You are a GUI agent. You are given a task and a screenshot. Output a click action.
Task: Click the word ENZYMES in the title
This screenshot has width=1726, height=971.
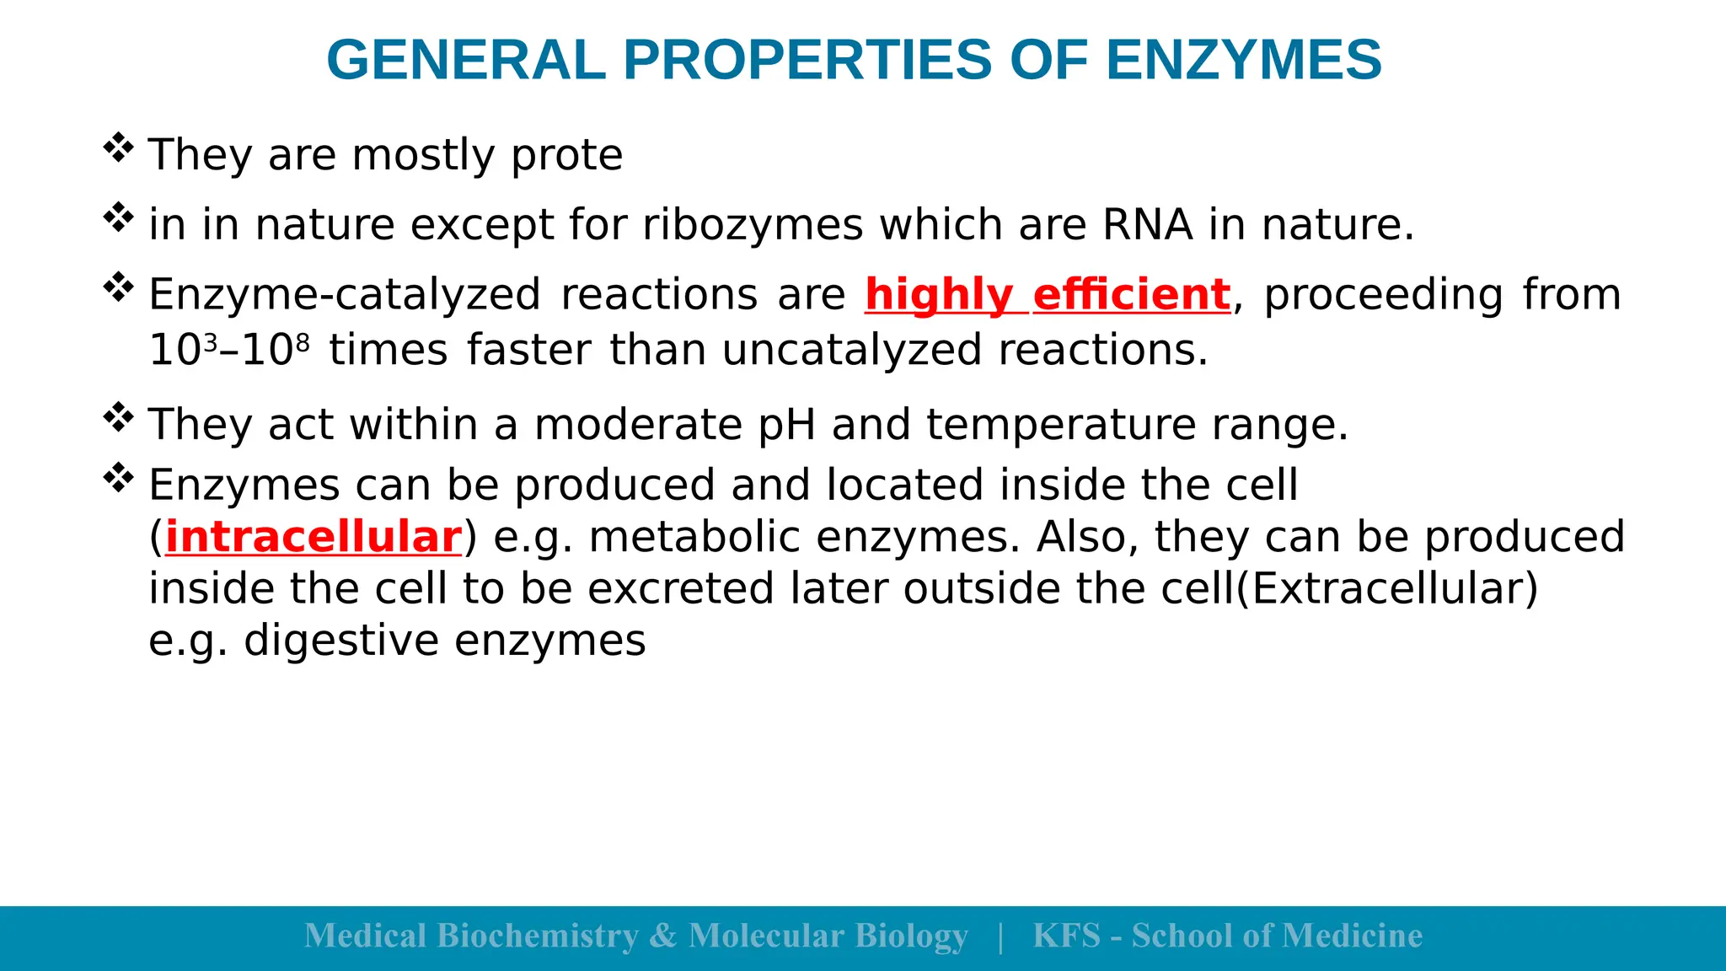[1243, 61]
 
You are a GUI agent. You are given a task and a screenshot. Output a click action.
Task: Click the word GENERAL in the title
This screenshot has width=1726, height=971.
[466, 61]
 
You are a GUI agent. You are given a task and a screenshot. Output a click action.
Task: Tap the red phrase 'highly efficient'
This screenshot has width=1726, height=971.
[1047, 295]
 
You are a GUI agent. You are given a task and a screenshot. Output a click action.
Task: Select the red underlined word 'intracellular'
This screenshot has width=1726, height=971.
[314, 538]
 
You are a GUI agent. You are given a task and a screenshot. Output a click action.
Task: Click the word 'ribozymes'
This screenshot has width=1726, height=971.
[753, 225]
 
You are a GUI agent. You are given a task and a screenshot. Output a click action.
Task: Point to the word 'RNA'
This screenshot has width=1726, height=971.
[1147, 225]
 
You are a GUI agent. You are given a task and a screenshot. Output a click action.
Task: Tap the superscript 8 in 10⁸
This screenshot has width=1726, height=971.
[303, 341]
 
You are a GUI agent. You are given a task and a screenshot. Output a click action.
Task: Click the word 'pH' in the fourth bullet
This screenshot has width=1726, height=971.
[786, 424]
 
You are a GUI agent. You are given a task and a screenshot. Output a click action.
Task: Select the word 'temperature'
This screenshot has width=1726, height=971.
[1061, 424]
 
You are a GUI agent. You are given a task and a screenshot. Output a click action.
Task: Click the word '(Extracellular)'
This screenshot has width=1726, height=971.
[1386, 588]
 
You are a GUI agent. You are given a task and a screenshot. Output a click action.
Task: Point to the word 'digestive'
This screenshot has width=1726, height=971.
[341, 641]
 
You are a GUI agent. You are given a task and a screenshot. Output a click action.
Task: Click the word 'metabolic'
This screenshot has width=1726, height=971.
[694, 538]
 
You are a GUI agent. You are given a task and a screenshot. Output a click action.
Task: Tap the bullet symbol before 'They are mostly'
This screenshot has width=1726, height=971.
[118, 148]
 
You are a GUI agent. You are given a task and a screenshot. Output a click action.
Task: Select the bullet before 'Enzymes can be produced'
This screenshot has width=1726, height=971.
[118, 478]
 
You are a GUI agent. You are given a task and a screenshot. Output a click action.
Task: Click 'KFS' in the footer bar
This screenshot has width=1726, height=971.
[1066, 936]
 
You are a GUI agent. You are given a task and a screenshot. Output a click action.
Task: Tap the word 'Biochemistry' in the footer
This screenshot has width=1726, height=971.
[538, 936]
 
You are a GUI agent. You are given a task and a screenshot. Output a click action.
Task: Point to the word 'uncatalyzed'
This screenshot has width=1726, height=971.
[852, 351]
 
